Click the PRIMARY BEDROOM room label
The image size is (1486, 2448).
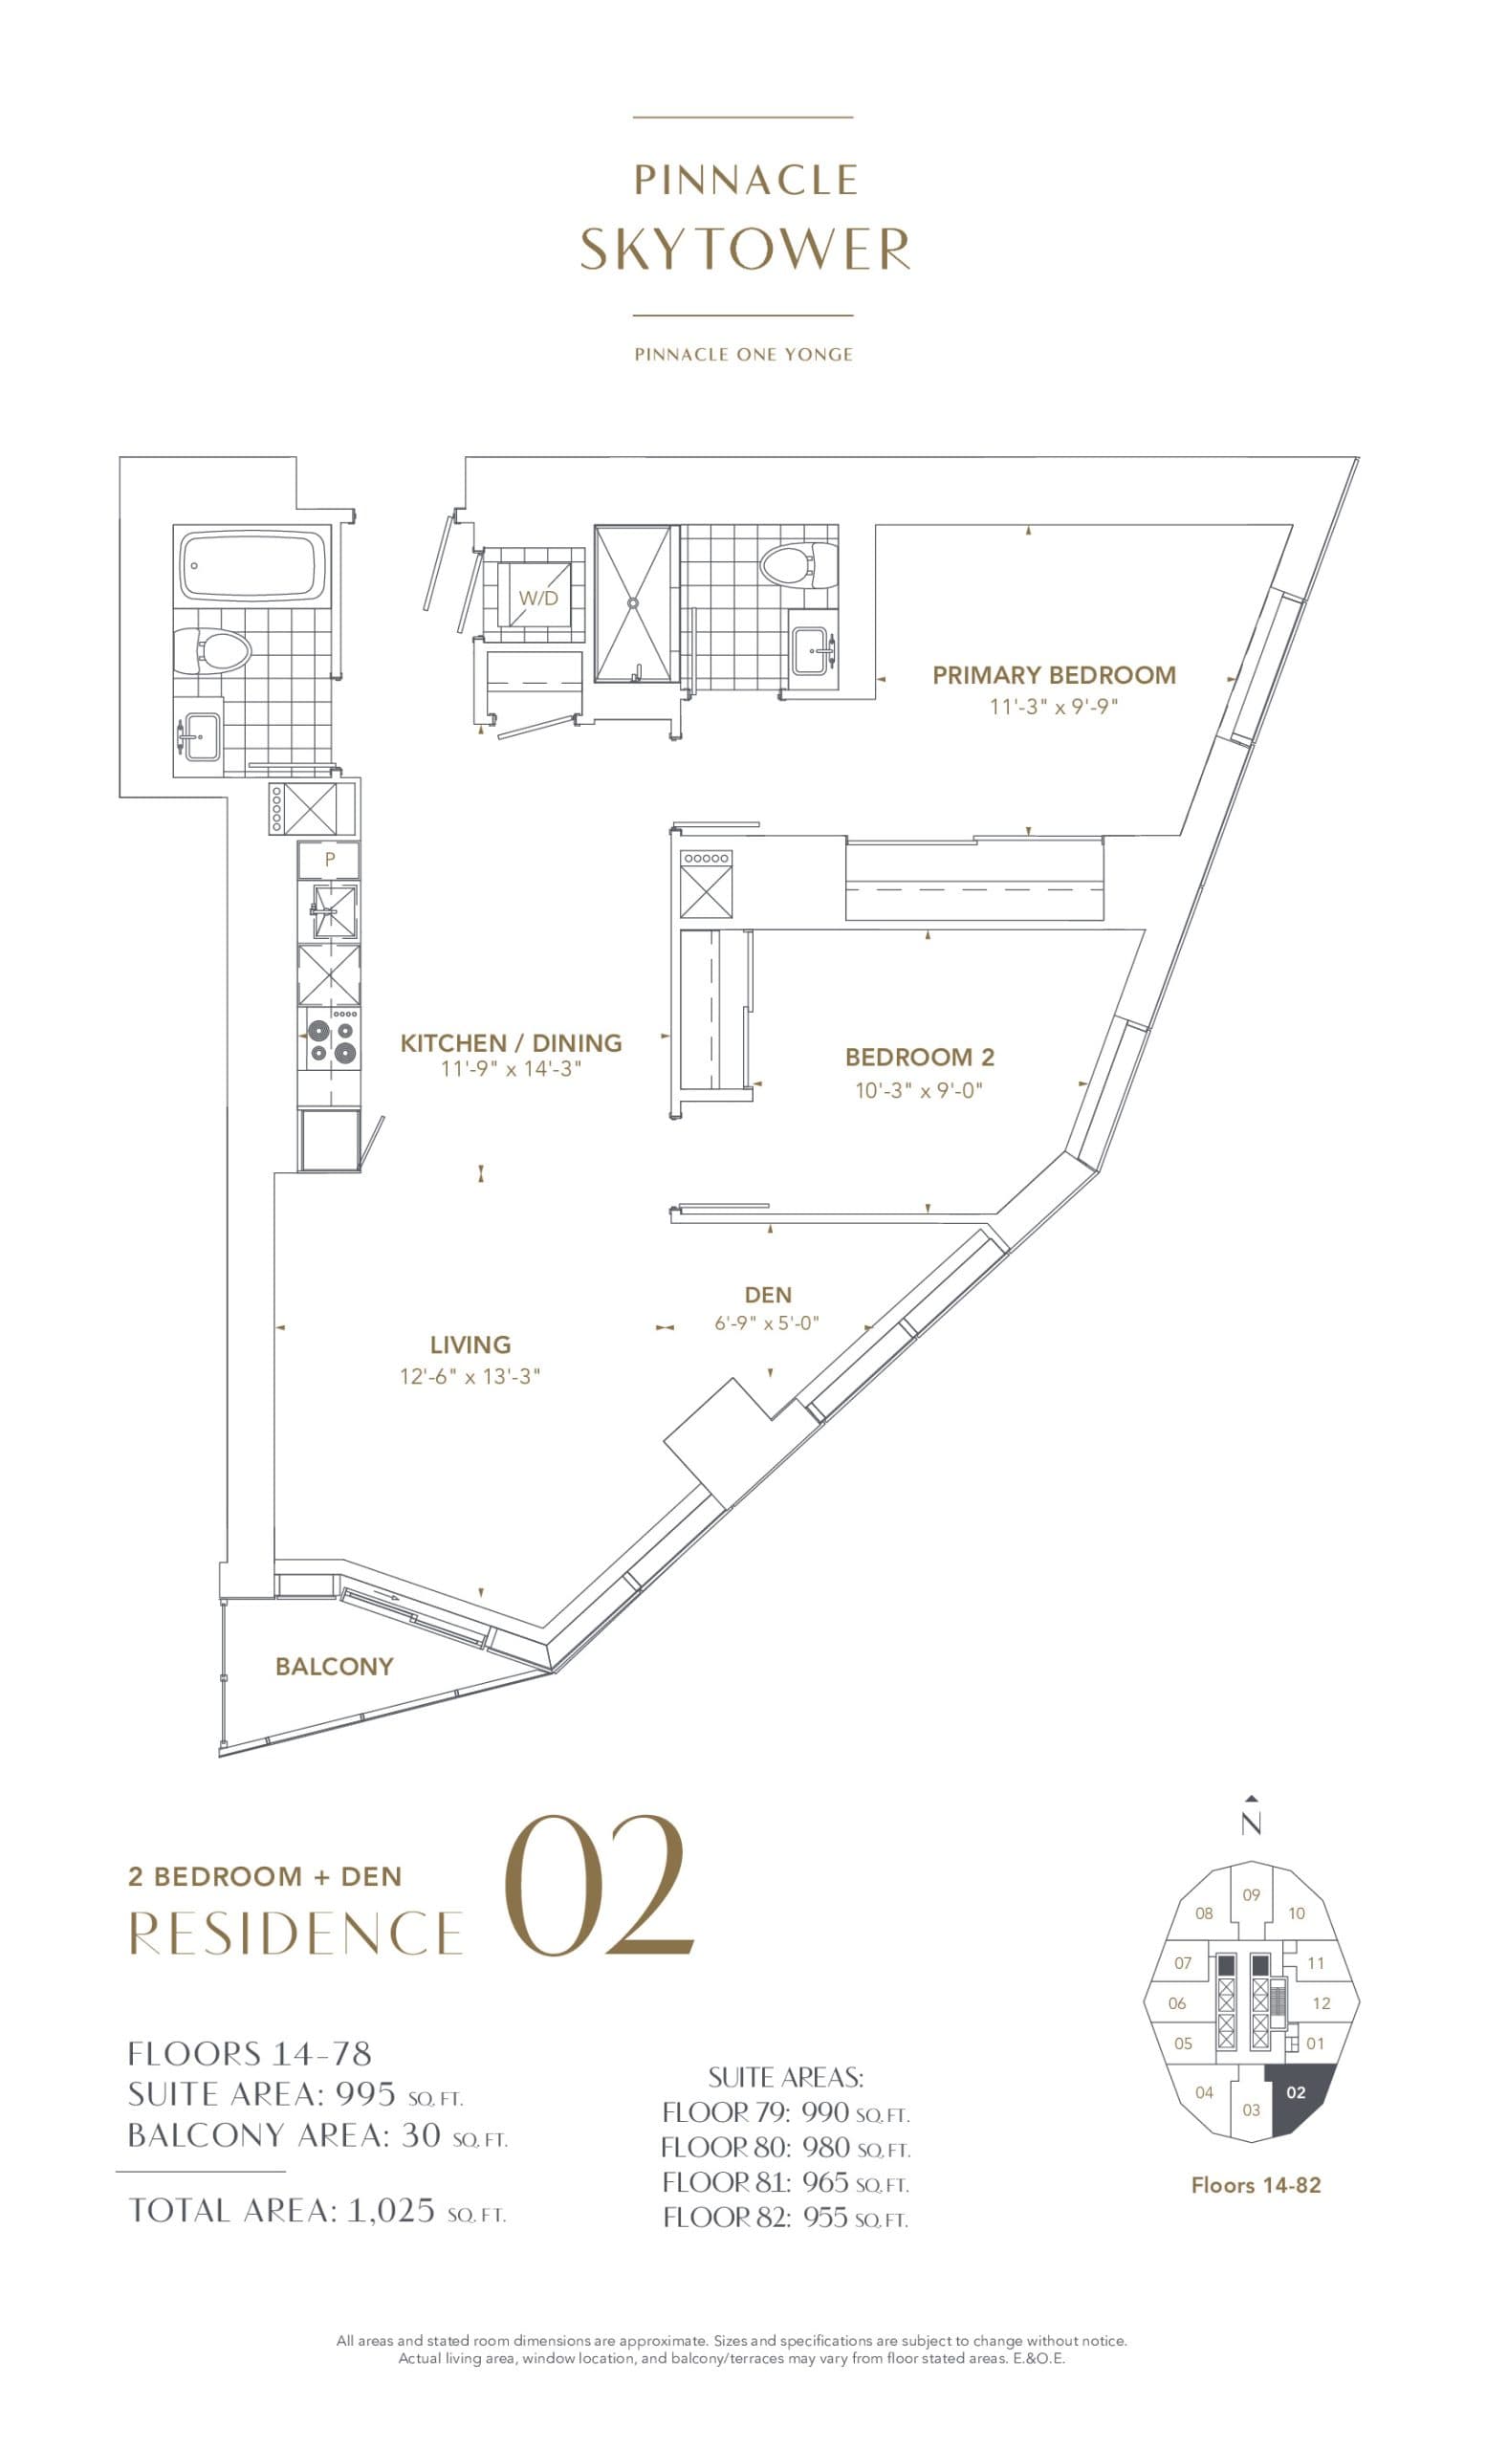pyautogui.click(x=1053, y=674)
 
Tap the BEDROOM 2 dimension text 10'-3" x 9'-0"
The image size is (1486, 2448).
pyautogui.click(x=918, y=1090)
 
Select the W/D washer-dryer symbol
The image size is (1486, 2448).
pyautogui.click(x=537, y=597)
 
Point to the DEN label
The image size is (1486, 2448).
pyautogui.click(x=768, y=1295)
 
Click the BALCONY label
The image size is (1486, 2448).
pyautogui.click(x=334, y=1666)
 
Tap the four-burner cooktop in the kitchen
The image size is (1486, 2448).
pyautogui.click(x=331, y=1038)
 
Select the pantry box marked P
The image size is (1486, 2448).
pyautogui.click(x=330, y=860)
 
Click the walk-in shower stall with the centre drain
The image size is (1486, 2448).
pyautogui.click(x=633, y=603)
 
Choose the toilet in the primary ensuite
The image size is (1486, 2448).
pyautogui.click(x=790, y=565)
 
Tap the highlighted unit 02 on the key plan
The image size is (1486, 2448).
pyautogui.click(x=1295, y=2092)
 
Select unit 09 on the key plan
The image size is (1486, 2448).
pyautogui.click(x=1251, y=1894)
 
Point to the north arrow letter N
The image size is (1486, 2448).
pyautogui.click(x=1251, y=1825)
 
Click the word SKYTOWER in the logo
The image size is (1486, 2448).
pyautogui.click(x=744, y=250)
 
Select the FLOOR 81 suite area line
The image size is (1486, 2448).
pyautogui.click(x=785, y=2183)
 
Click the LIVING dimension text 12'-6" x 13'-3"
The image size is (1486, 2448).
pyautogui.click(x=470, y=1376)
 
